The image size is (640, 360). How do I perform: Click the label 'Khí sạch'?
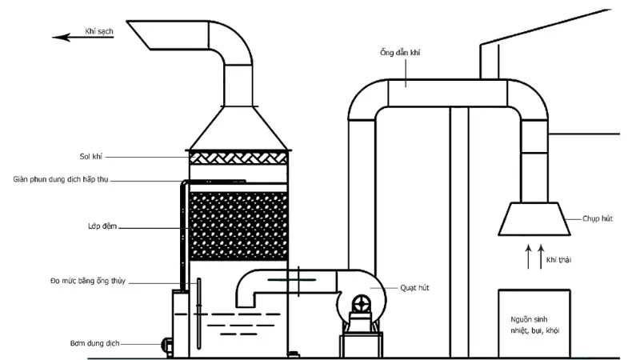pyautogui.click(x=98, y=31)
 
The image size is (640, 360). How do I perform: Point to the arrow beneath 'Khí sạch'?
pyautogui.click(x=83, y=38)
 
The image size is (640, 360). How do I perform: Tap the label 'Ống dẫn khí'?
pyautogui.click(x=400, y=53)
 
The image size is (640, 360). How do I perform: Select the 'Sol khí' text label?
pyautogui.click(x=91, y=156)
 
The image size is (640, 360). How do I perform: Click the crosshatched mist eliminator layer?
pyautogui.click(x=238, y=158)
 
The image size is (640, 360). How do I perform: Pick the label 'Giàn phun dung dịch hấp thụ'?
pyautogui.click(x=61, y=179)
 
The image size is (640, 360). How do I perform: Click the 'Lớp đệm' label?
pyautogui.click(x=102, y=226)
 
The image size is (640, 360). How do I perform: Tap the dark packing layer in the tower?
pyautogui.click(x=238, y=226)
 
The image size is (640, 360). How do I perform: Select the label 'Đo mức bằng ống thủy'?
pyautogui.click(x=88, y=281)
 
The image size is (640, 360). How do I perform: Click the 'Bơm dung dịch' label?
pyautogui.click(x=94, y=343)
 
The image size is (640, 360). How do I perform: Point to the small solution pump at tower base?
pyautogui.click(x=166, y=346)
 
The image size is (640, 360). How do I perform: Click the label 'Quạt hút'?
pyautogui.click(x=414, y=288)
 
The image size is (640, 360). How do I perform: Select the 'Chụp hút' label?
pyautogui.click(x=598, y=218)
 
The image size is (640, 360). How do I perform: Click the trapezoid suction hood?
pyautogui.click(x=534, y=218)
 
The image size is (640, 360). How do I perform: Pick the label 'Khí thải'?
pyautogui.click(x=558, y=260)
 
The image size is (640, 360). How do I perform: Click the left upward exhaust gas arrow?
pyautogui.click(x=529, y=257)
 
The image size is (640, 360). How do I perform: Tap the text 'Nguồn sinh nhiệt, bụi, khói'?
pyautogui.click(x=534, y=325)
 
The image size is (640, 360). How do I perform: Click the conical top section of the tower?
pyautogui.click(x=238, y=129)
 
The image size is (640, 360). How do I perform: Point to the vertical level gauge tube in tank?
pyautogui.click(x=199, y=314)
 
